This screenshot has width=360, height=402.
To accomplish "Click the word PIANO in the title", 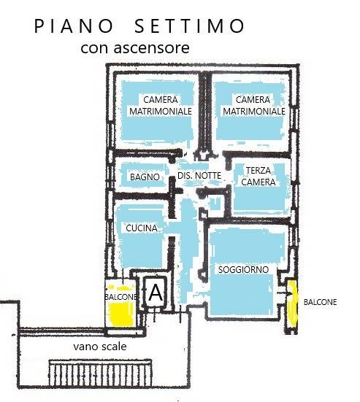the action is (x=74, y=26).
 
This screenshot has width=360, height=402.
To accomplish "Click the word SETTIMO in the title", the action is (x=190, y=26).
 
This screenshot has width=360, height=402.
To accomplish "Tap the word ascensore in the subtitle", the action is (x=151, y=47).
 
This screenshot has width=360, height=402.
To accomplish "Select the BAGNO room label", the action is (x=145, y=177).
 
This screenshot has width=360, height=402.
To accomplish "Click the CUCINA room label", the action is (x=142, y=228).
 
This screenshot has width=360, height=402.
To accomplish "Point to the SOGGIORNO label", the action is (x=243, y=269).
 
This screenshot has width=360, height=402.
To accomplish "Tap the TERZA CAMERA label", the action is (x=258, y=176).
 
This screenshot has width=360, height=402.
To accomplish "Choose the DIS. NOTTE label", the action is (x=199, y=176).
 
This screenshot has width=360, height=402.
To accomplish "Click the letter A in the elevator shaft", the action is (x=156, y=293).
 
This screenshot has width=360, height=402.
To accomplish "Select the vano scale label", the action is (x=100, y=347).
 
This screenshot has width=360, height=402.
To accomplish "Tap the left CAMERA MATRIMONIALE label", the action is (x=161, y=105).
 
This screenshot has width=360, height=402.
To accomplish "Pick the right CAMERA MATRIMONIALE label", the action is (x=254, y=105).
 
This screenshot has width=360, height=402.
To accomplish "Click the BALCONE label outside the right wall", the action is (x=320, y=302).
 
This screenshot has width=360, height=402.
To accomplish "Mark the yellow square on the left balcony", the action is (x=121, y=314).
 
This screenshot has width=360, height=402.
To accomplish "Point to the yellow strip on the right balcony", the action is (x=293, y=304).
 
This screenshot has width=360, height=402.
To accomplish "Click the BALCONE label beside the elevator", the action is (x=120, y=297).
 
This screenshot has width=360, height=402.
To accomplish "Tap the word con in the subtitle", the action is (x=94, y=48).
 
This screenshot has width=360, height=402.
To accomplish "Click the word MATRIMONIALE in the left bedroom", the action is (x=161, y=112).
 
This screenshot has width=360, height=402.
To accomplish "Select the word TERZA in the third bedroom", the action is (x=258, y=171).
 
